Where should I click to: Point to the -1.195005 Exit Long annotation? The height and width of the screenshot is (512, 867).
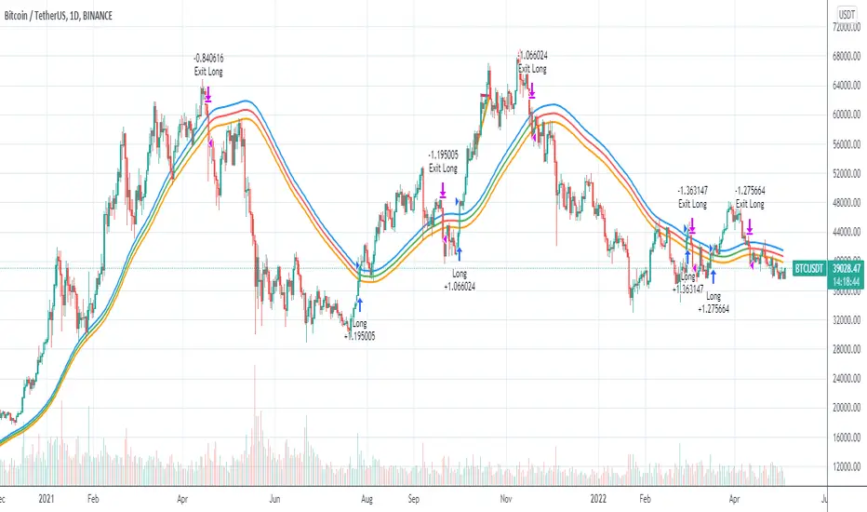click(x=443, y=161)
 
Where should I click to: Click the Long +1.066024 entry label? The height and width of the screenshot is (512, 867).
click(x=460, y=280)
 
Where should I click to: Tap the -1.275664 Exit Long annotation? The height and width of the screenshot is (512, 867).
click(x=750, y=197)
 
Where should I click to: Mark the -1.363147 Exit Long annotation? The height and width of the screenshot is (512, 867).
click(x=692, y=197)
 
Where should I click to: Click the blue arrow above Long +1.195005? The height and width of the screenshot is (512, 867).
click(x=359, y=303)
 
